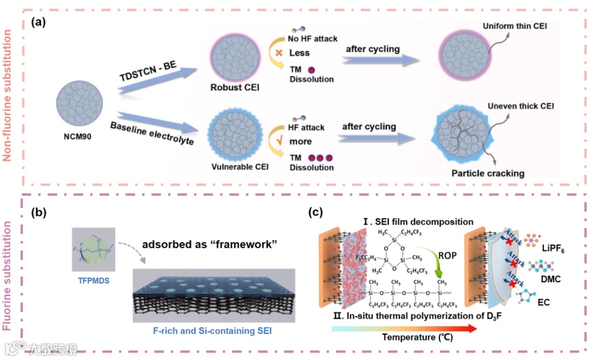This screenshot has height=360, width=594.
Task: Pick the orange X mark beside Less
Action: pyautogui.click(x=279, y=53)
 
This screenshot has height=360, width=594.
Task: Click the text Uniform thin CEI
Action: pyautogui.click(x=514, y=26)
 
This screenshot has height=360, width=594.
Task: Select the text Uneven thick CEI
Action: pyautogui.click(x=520, y=106)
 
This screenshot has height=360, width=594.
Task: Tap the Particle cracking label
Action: pyautogui.click(x=488, y=173)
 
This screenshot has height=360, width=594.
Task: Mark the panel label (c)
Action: pyautogui.click(x=314, y=212)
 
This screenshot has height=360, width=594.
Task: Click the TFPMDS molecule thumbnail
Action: pyautogui.click(x=92, y=249)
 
